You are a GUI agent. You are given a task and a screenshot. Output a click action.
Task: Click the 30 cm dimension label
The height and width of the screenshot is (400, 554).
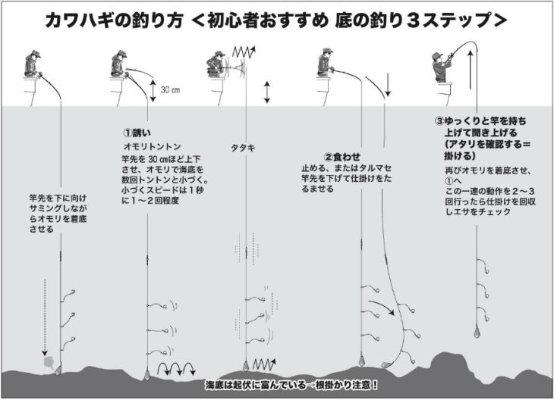pyautogui.click(x=170, y=90)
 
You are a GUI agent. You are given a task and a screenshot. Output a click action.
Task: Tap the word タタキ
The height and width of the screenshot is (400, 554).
pyautogui.click(x=243, y=148)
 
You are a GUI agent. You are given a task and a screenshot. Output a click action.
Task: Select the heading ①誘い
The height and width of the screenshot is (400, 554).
pyautogui.click(x=137, y=133)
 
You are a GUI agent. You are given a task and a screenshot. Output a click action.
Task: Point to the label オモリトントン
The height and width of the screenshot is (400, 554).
pyautogui.click(x=152, y=146)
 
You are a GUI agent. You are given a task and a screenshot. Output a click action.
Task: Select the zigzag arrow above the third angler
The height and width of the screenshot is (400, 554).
pyautogui.click(x=244, y=52)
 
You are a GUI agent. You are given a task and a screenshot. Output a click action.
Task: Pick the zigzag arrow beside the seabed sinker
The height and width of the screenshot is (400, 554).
pyautogui.click(x=263, y=364)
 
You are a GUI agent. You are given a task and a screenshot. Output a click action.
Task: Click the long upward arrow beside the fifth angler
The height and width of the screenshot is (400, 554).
pyautogui.click(x=470, y=69)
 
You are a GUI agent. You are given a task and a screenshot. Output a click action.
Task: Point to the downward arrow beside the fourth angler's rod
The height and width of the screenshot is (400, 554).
pyautogui.click(x=388, y=85)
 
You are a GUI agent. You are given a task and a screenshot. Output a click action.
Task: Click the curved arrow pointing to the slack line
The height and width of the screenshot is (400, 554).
pyautogui.click(x=382, y=308)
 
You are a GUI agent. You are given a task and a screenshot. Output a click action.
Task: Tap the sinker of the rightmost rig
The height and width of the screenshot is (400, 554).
pyautogui.click(x=477, y=332)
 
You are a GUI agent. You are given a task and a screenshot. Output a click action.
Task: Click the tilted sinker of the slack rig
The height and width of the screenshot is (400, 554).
pyautogui.click(x=386, y=364)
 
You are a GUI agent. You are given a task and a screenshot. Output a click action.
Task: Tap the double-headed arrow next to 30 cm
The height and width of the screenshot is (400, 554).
pyautogui.click(x=153, y=91)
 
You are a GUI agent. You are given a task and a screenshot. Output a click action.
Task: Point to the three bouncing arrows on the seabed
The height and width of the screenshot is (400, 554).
pyautogui.click(x=177, y=369)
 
